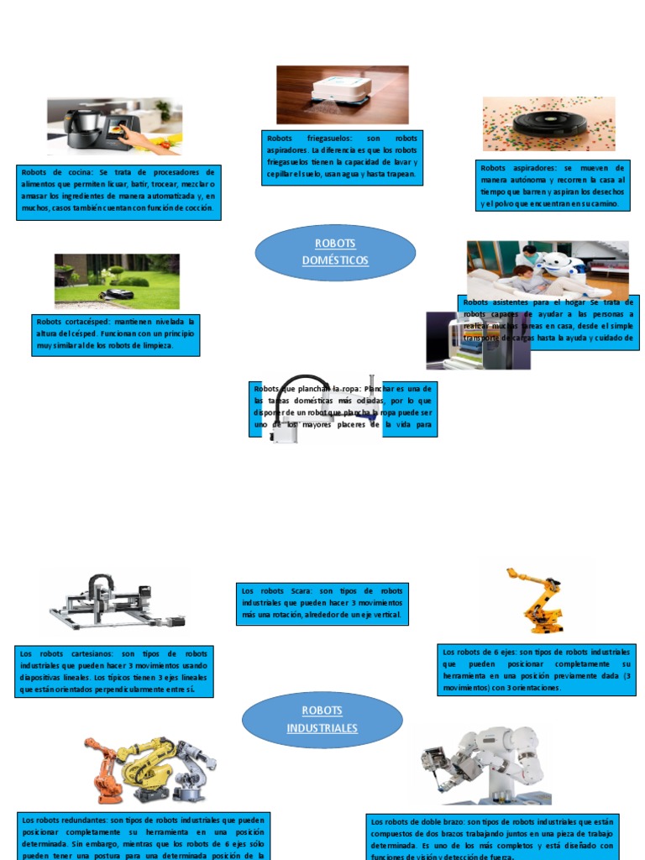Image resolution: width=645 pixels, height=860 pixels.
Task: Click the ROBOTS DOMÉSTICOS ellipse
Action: point(335,252)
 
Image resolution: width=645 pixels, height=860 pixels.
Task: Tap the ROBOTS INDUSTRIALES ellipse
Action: point(322,720)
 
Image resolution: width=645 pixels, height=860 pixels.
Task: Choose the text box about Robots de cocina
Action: point(118,192)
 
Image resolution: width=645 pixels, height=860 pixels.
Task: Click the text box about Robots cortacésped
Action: point(116,334)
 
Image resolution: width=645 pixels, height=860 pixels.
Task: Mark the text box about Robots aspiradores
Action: point(553,186)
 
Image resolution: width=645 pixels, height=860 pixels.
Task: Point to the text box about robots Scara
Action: point(322,604)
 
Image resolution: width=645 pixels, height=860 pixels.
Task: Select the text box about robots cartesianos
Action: point(114,671)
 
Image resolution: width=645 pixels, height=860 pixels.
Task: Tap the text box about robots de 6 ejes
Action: point(536,669)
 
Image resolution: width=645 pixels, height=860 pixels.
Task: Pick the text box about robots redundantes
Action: point(143,836)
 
